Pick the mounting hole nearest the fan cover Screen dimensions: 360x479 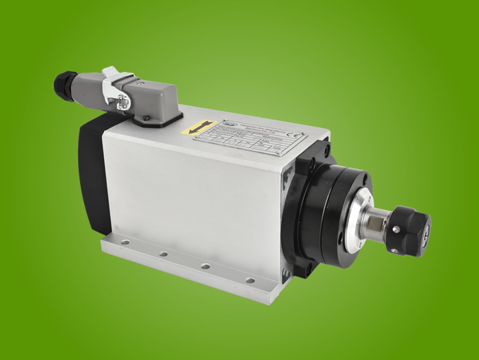point(125,242)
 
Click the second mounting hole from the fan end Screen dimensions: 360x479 point(164,254)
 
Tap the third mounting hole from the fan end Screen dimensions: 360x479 point(205,266)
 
